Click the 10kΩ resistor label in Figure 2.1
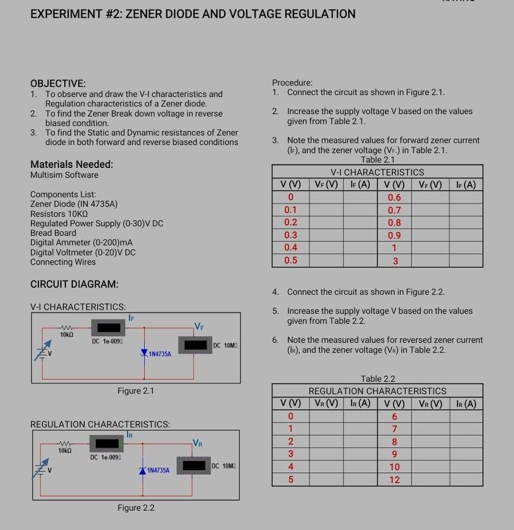(x=67, y=334)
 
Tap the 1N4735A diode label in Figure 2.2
(x=158, y=470)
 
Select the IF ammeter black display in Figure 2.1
(x=108, y=328)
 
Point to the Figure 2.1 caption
(x=135, y=391)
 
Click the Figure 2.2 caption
(x=135, y=508)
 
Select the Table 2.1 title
(x=377, y=160)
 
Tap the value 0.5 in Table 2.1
(x=291, y=261)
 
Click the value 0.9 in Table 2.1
(x=394, y=235)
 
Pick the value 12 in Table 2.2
(x=394, y=480)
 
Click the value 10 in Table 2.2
(x=394, y=467)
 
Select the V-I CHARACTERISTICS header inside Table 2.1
(x=377, y=172)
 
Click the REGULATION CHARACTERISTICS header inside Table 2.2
(x=377, y=391)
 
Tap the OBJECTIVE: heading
(x=58, y=83)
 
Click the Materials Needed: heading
(x=72, y=164)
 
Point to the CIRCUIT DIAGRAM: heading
(x=74, y=285)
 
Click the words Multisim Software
(x=64, y=175)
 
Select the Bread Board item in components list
(x=53, y=233)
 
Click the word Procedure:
(x=292, y=82)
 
